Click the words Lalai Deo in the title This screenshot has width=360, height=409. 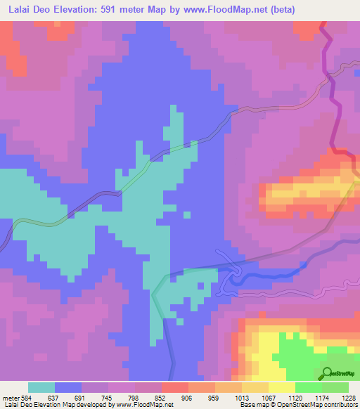[30, 9]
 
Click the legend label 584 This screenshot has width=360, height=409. [26, 397]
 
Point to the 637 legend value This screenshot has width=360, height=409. [52, 397]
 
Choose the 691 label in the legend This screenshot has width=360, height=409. [79, 397]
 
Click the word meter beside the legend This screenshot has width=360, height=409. [10, 397]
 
